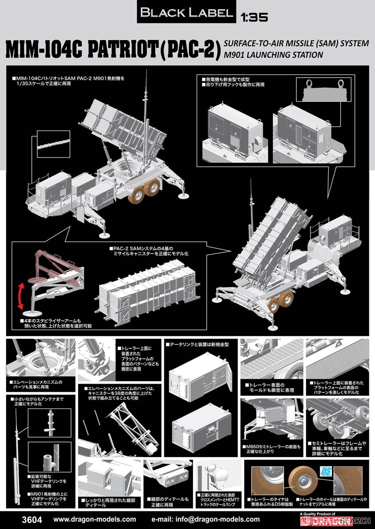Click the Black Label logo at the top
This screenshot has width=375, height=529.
(186, 13)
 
